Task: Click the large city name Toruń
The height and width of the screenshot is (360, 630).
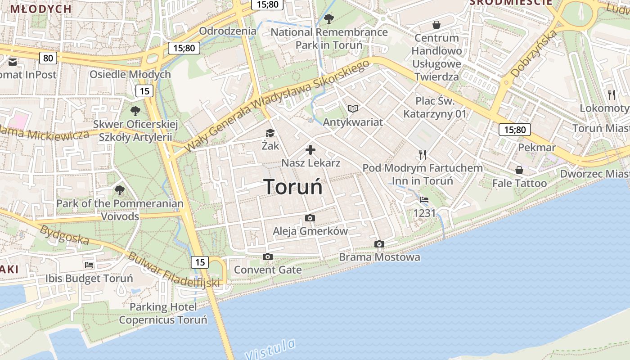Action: point(293,186)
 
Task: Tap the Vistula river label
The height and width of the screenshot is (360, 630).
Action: point(271,349)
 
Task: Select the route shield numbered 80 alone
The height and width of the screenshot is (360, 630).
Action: point(48,58)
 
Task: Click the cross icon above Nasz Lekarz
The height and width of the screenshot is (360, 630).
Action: point(310,150)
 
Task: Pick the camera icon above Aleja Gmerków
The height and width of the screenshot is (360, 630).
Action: point(310,218)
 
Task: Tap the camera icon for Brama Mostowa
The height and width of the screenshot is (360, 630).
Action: point(379,244)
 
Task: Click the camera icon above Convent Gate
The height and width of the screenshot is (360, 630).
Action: point(268,257)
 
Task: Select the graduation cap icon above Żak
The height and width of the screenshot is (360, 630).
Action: point(270,133)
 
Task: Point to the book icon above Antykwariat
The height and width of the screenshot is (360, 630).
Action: point(353,109)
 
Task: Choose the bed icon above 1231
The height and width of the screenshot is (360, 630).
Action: point(424,200)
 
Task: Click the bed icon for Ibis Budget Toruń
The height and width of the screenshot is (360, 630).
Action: point(89,265)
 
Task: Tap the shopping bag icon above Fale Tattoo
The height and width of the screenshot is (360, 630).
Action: point(519,170)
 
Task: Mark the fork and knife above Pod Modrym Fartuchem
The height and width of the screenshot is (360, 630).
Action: point(422,155)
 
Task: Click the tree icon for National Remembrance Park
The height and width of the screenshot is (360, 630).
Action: point(329,19)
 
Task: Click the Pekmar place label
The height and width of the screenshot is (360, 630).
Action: point(537,148)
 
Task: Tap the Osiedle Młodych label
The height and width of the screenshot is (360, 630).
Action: point(130,74)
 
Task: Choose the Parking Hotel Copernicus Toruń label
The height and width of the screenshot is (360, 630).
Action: point(163,314)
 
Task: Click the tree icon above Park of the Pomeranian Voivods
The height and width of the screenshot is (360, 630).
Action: point(120,190)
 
